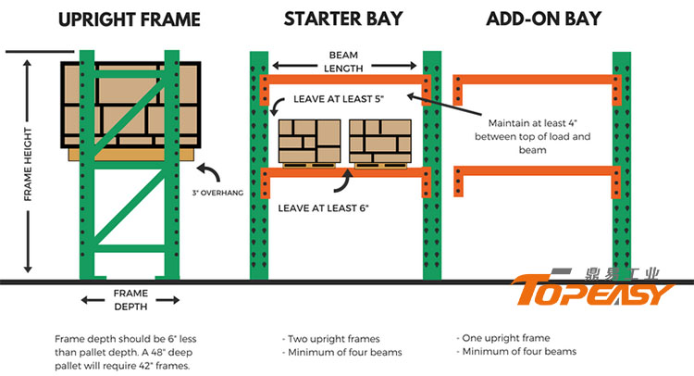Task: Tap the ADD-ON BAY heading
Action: tap(544, 18)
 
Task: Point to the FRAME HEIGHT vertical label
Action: tap(28, 166)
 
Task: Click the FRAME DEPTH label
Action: tap(130, 298)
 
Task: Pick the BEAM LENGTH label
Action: tap(344, 60)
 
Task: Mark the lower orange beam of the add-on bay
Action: tap(534, 169)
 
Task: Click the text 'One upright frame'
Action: tap(504, 339)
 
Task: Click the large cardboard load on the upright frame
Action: tap(130, 104)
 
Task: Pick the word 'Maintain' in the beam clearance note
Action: tap(504, 123)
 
